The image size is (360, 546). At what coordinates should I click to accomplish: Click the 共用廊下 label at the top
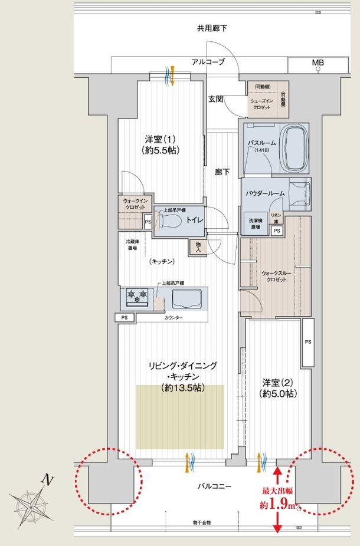212,28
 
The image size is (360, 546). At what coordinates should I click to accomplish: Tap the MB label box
318,63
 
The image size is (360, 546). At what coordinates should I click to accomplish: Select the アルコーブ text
207,62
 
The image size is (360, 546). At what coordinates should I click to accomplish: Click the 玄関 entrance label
215,99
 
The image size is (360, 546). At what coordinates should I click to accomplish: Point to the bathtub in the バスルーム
294,150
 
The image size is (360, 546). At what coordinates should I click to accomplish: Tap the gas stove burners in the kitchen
138,297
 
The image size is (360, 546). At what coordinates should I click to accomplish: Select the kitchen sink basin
188,299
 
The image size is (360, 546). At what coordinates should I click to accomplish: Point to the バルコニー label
214,486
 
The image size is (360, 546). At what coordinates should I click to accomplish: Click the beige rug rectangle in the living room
180,416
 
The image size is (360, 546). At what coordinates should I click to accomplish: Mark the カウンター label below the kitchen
172,318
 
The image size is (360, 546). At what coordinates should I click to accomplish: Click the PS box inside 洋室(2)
307,342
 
